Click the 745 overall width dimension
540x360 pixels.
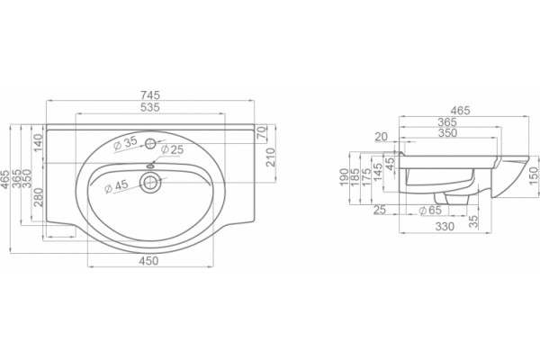pyautogui.click(x=150, y=94)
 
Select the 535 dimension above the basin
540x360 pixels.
pyautogui.click(x=150, y=107)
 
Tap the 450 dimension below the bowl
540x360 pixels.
pyautogui.click(x=148, y=260)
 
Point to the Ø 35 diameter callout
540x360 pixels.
pyautogui.click(x=125, y=143)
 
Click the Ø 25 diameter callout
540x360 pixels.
pyautogui.click(x=172, y=150)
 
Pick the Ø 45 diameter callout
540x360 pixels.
pyautogui.click(x=116, y=186)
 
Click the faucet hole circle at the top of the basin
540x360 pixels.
pyautogui.click(x=150, y=143)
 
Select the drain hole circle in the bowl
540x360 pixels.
pyautogui.click(x=149, y=182)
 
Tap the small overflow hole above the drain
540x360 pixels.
pyautogui.click(x=150, y=166)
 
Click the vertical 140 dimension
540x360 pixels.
pyautogui.click(x=38, y=142)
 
